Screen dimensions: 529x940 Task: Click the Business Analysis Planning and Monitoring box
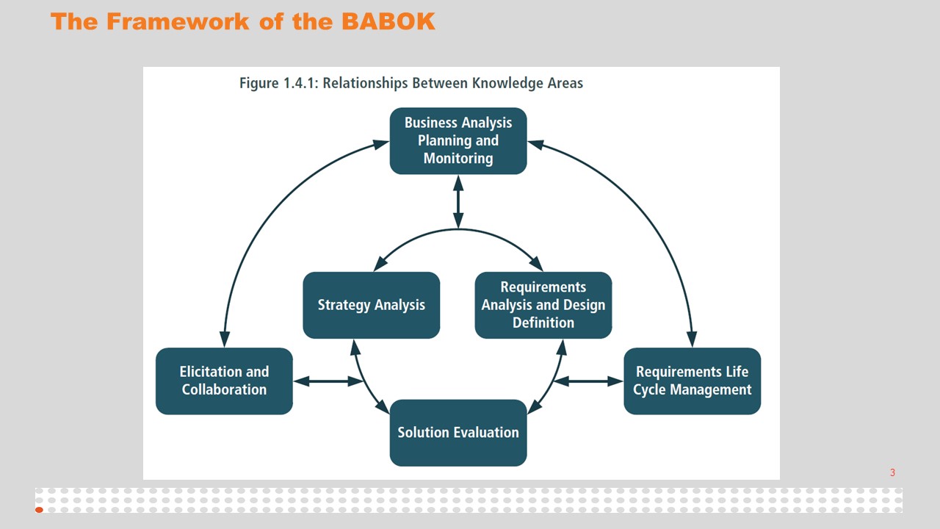pos(458,141)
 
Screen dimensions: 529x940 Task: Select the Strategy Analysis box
pos(371,305)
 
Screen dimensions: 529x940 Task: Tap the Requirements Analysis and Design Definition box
pos(543,305)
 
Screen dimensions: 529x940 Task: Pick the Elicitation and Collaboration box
pos(224,381)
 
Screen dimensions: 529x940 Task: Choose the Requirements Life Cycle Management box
pos(692,381)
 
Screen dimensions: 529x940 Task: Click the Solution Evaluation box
pos(458,433)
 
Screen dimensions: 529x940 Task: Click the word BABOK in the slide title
pos(388,21)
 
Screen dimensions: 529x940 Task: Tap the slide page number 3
pos(892,472)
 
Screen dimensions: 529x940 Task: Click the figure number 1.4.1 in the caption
pos(302,83)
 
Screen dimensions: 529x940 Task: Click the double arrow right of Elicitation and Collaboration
pos(328,381)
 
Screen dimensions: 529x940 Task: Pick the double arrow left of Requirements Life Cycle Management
pos(587,381)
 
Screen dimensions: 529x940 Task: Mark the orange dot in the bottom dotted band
pos(39,509)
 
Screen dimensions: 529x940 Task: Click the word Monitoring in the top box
pos(458,158)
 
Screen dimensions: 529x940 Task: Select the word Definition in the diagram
pos(543,323)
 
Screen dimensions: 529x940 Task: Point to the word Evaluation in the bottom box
pos(484,433)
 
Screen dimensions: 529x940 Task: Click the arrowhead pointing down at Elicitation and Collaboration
pos(225,339)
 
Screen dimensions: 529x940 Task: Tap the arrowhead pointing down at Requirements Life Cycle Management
pos(690,339)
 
